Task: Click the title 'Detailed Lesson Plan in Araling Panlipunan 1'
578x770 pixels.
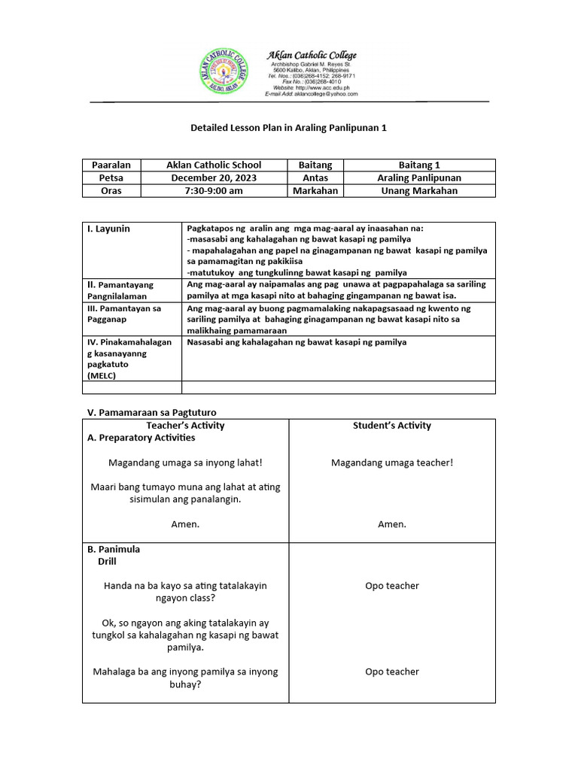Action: (289, 128)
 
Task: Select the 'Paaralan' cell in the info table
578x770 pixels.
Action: (111, 165)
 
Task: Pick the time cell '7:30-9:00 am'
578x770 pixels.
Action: (214, 191)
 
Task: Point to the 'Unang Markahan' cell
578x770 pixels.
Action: (419, 191)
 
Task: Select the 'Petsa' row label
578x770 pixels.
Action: (111, 178)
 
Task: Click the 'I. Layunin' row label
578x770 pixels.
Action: (109, 229)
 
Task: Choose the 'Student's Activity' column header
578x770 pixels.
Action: (392, 426)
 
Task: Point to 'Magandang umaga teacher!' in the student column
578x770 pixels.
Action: (392, 462)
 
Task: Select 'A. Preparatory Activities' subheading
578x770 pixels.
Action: (141, 438)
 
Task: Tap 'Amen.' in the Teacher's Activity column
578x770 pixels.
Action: (185, 524)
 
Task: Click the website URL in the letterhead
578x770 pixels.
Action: (309, 88)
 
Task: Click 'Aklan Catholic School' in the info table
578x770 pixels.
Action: (214, 165)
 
